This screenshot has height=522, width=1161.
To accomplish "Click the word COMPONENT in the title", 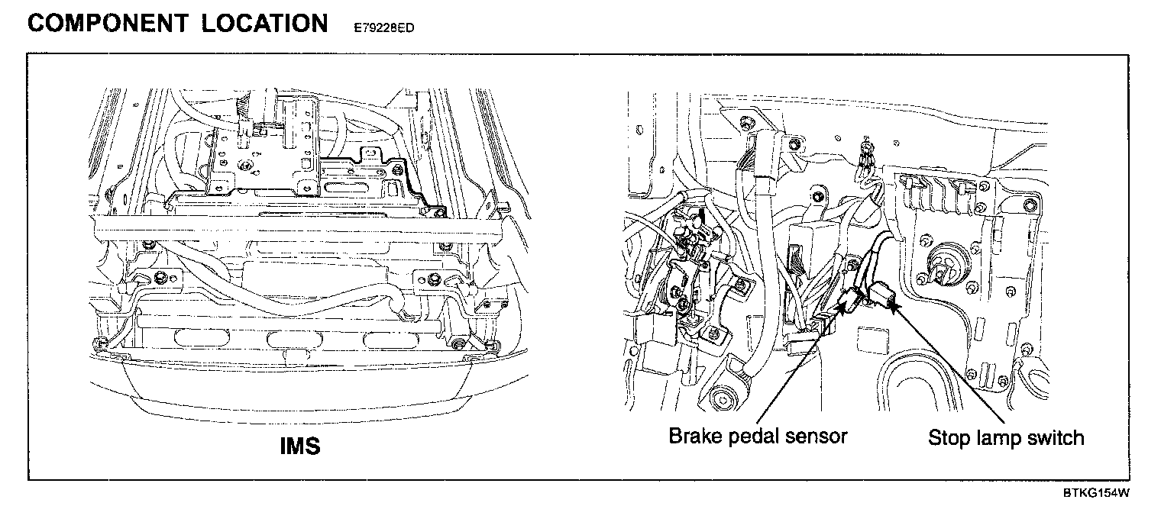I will (107, 23).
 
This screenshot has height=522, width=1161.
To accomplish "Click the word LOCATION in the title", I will (265, 23).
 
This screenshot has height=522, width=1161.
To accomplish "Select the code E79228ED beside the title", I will (385, 27).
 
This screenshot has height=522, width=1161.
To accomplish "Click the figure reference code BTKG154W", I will (1096, 493).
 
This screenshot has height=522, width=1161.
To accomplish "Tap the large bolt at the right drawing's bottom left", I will (720, 398).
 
